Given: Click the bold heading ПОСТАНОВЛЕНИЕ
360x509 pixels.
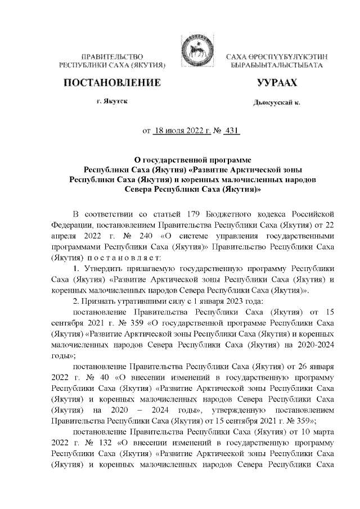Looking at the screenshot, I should [112, 83].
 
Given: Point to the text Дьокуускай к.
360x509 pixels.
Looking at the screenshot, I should [276, 103].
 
